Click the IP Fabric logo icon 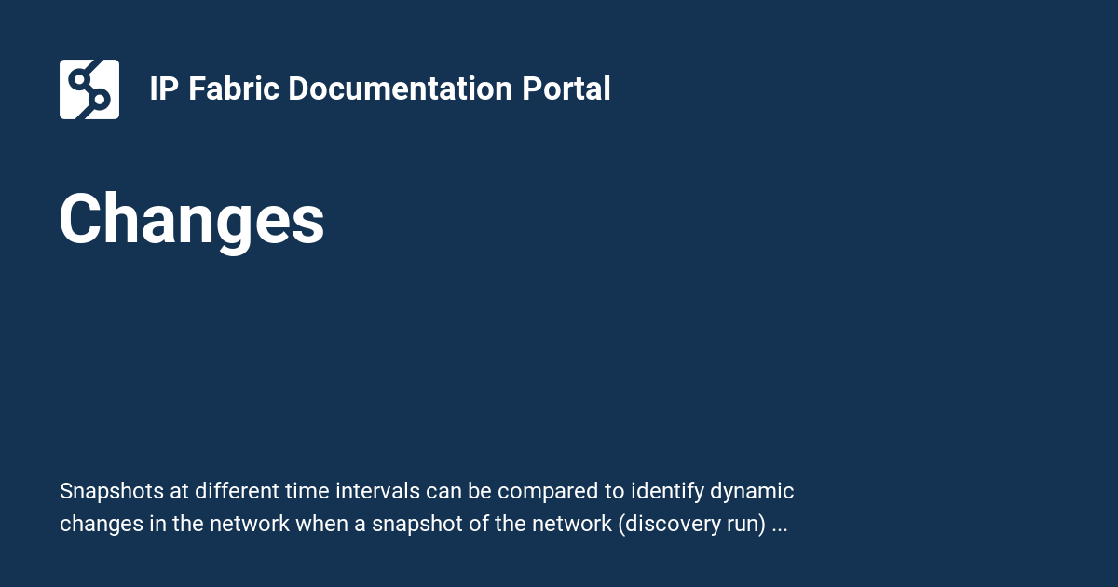(89, 89)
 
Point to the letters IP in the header (164, 89)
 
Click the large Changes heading (192, 220)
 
